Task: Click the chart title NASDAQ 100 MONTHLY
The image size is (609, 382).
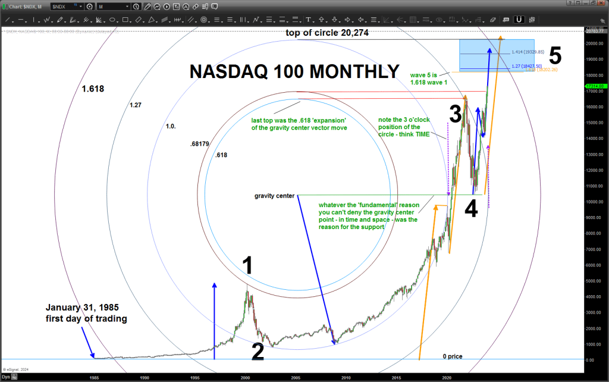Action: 294,71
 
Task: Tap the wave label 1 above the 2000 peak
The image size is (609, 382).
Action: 249,266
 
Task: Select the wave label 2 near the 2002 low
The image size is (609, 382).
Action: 257,352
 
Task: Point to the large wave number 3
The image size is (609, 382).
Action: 456,113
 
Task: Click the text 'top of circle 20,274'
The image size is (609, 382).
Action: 327,33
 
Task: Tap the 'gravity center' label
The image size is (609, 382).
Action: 274,196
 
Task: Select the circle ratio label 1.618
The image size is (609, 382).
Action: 93,89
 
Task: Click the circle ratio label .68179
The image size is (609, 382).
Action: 200,145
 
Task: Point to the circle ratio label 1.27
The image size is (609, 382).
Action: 135,105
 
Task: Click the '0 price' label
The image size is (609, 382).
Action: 452,356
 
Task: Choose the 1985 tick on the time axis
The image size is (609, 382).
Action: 94,377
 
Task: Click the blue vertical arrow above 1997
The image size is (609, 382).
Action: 214,321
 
